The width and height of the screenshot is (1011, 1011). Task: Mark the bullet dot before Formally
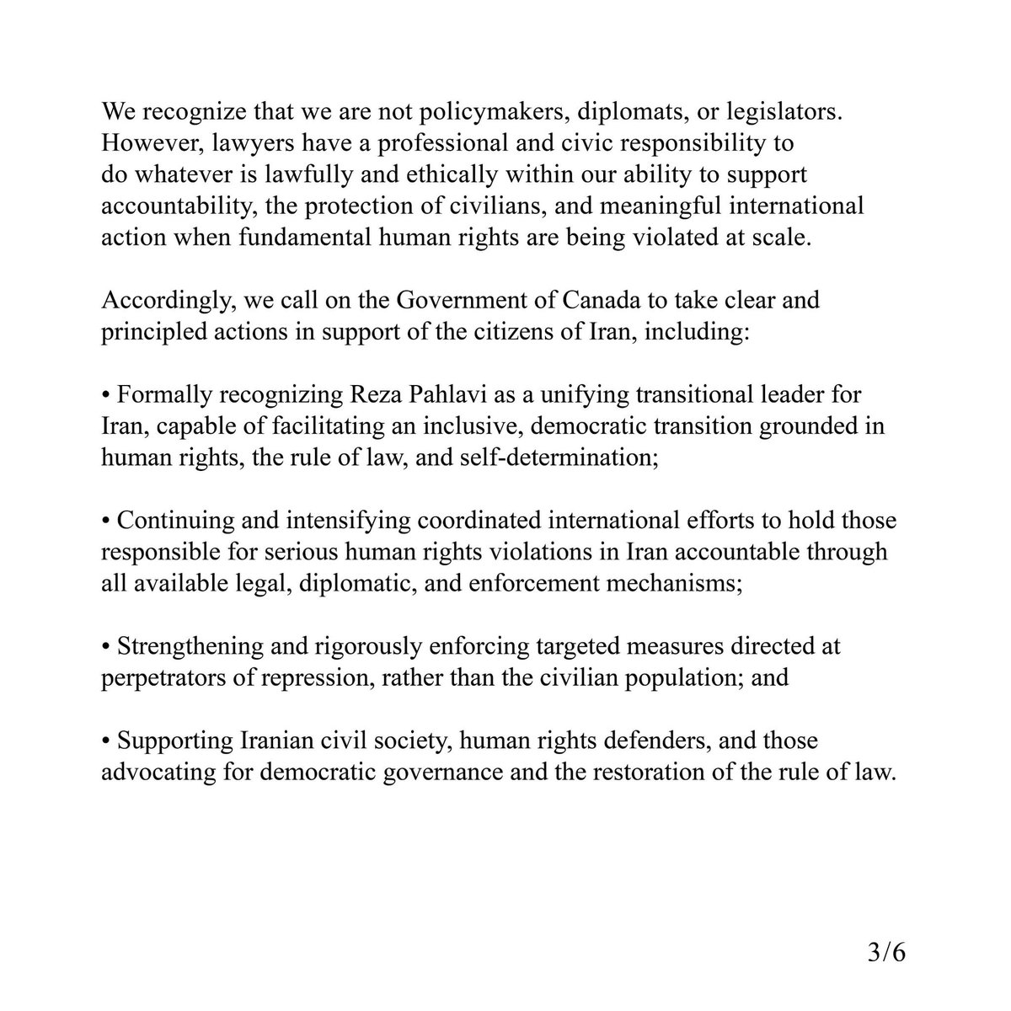tap(106, 395)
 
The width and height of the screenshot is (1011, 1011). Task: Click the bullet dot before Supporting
tap(106, 741)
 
